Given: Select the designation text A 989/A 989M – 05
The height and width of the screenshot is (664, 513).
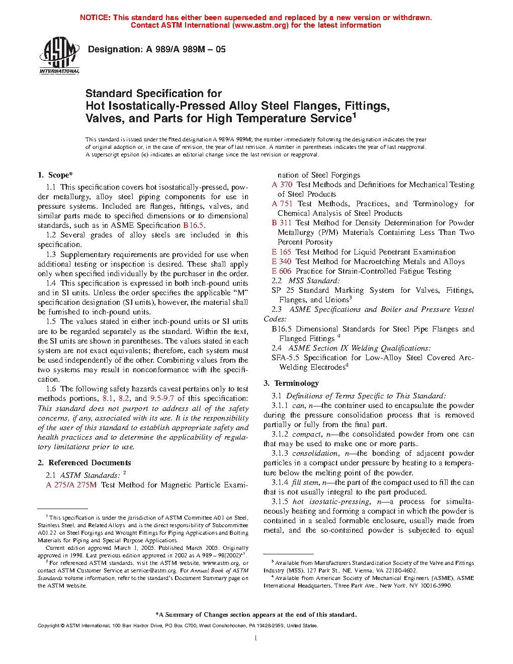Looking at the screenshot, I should click(186, 49).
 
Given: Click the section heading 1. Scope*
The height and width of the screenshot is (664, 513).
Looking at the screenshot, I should click(55, 175).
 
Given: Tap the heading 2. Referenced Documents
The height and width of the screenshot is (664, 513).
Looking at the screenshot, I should click(84, 463).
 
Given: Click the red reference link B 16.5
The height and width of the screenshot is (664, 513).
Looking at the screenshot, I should click(194, 225).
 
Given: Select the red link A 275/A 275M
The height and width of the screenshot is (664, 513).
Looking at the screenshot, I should click(71, 485).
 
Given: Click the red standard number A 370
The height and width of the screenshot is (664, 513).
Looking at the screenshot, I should click(282, 185).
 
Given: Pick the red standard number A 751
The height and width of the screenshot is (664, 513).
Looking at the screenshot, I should click(282, 204).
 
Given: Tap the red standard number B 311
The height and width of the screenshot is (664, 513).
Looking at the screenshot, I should click(282, 223).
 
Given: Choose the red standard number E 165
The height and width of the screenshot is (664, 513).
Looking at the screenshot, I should click(282, 252).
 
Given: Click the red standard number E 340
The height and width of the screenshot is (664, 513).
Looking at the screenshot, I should click(282, 262).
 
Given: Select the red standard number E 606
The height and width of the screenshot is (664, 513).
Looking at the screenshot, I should click(282, 271).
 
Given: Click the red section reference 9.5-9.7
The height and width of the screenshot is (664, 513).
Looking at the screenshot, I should click(162, 398).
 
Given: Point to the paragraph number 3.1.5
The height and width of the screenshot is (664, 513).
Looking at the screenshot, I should click(280, 502).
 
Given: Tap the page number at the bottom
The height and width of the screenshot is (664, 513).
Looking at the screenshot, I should click(256, 638).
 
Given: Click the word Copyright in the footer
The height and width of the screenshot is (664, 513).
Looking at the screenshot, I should click(49, 626).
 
